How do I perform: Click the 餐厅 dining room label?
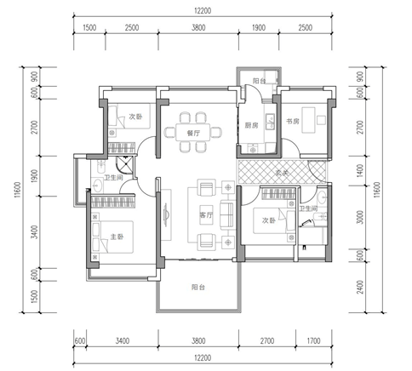(193, 133)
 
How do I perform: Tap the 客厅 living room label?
(206, 215)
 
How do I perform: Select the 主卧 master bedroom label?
(117, 237)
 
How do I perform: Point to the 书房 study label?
(293, 122)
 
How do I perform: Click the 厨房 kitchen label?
(251, 125)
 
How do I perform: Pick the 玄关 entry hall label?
(282, 173)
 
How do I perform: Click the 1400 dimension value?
(359, 171)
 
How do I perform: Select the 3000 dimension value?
(359, 217)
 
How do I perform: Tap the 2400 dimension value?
(359, 287)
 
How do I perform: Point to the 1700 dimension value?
(313, 340)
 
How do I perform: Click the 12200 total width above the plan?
(203, 11)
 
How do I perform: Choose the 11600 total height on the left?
(18, 190)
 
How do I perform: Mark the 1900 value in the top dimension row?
(259, 27)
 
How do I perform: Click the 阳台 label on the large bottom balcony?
(198, 288)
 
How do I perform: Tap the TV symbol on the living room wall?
(166, 214)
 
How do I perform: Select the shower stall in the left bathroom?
(125, 164)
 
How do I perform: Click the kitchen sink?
(270, 122)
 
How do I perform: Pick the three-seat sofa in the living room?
(227, 214)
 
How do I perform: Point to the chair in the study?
(321, 120)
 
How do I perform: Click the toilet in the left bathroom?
(100, 167)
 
